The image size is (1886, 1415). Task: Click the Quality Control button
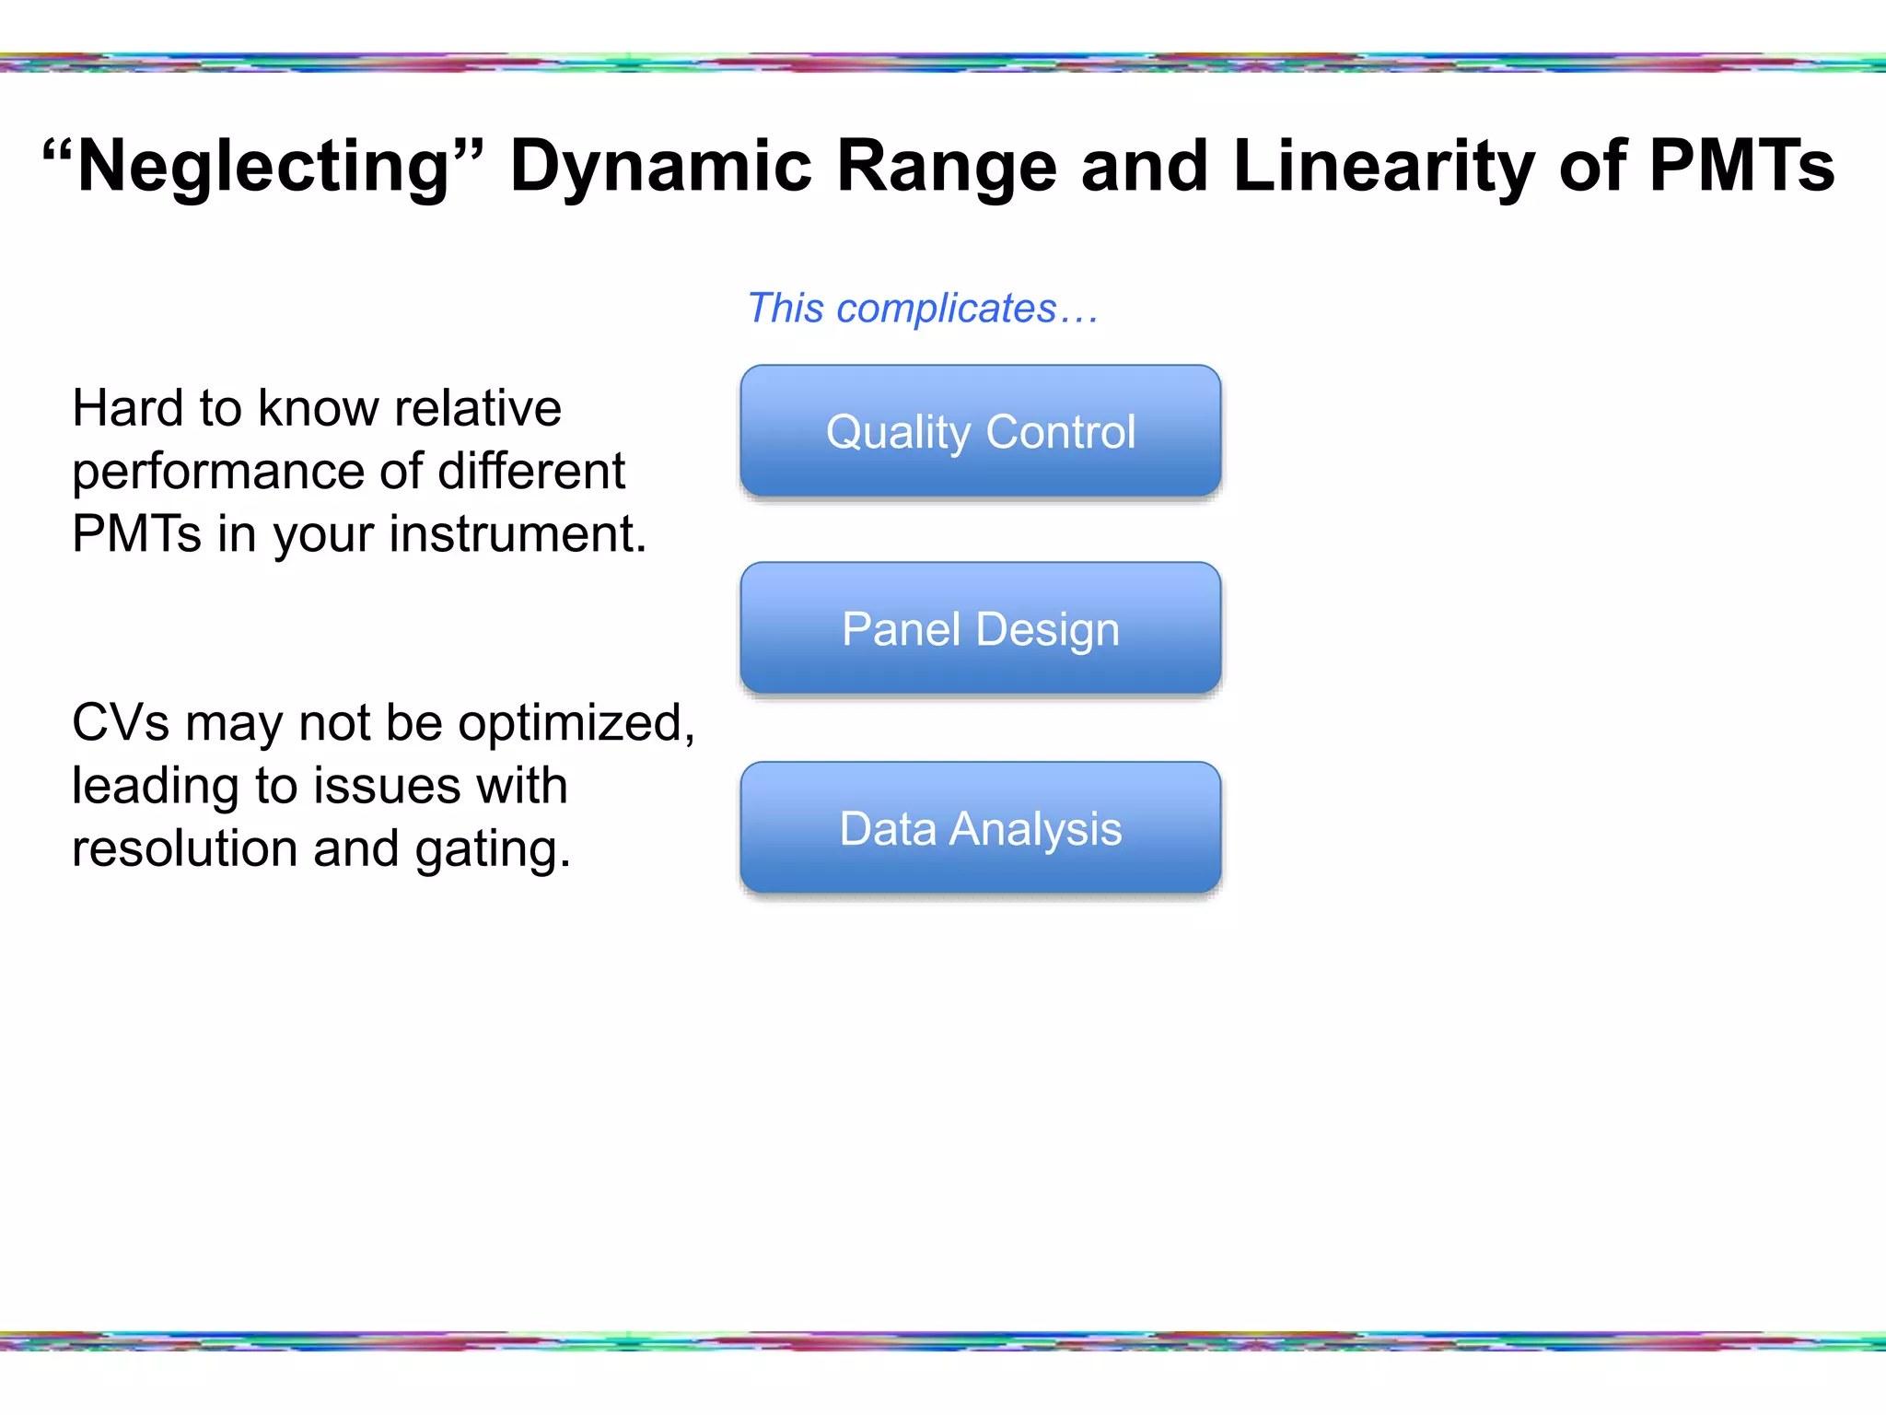coord(980,431)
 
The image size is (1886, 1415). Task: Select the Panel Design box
coord(980,629)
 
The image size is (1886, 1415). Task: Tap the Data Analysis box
coord(980,828)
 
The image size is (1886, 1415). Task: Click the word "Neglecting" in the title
coord(262,166)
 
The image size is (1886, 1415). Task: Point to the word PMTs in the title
coord(1740,166)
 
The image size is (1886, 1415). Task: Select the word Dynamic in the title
coord(660,166)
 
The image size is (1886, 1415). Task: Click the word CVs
coord(121,723)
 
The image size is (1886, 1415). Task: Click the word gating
coord(492,848)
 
